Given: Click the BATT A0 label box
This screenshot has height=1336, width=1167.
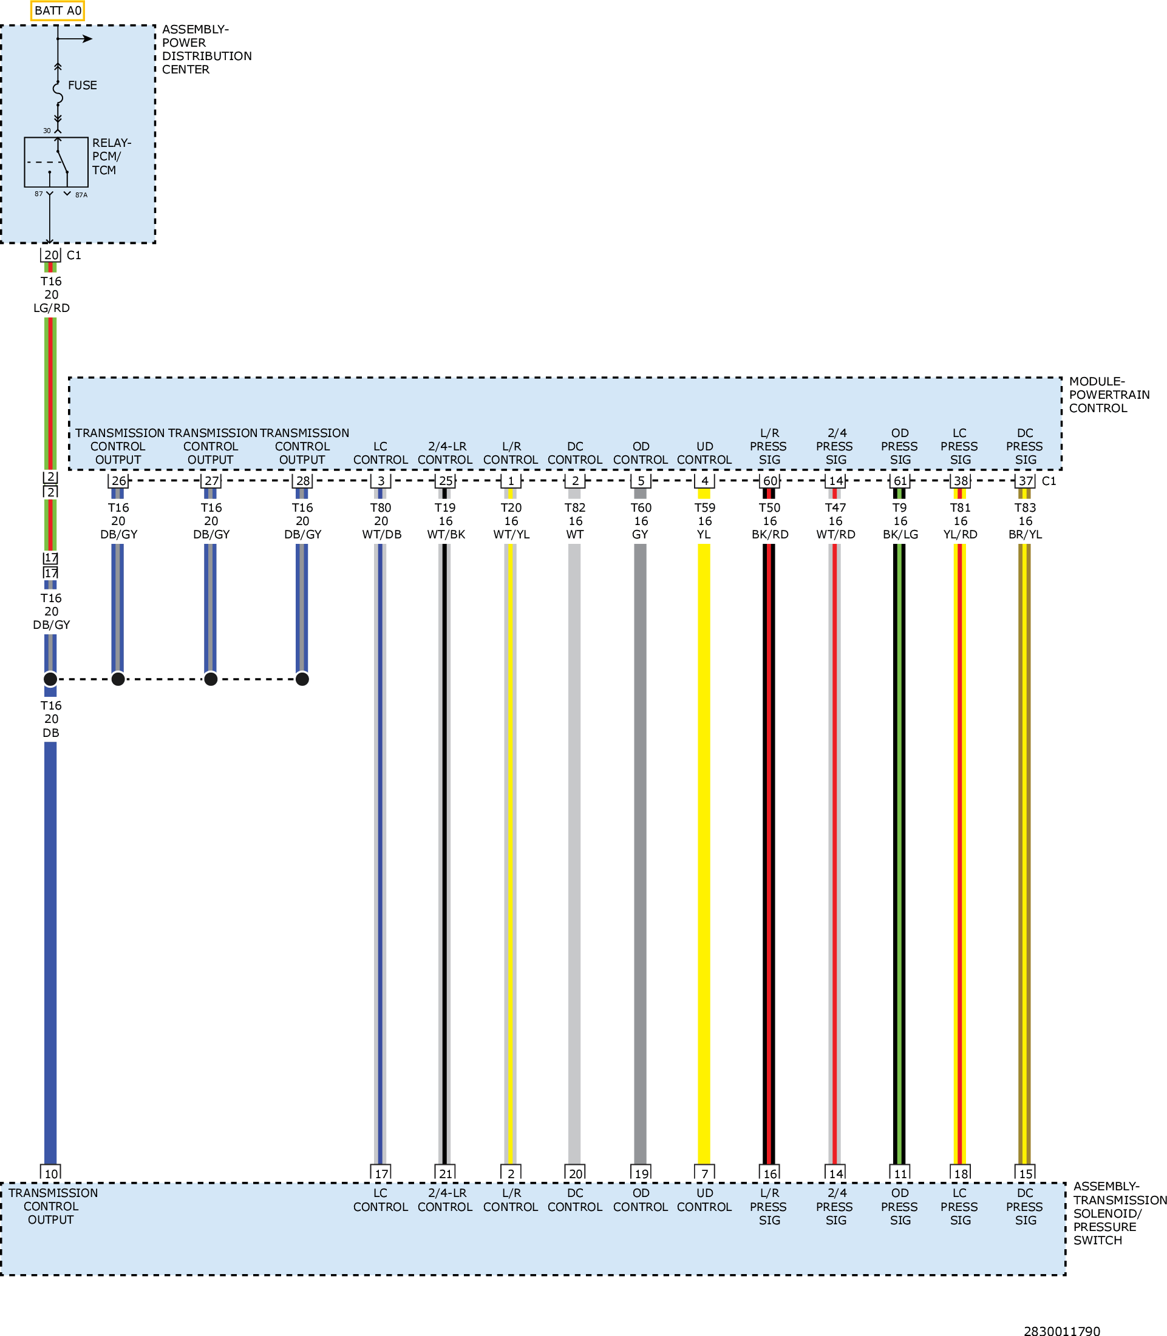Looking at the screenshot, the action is tap(57, 10).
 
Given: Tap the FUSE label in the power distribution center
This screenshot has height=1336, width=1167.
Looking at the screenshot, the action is tap(82, 86).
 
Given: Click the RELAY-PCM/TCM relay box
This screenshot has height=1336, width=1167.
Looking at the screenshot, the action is tap(56, 162).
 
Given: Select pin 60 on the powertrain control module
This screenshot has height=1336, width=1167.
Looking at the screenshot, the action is tap(770, 481).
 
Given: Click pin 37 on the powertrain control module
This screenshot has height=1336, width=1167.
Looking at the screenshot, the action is tap(1026, 481).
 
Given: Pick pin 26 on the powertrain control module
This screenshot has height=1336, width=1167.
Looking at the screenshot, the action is tap(118, 481).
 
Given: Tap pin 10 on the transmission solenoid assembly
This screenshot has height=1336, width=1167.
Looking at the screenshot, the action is tap(51, 1173).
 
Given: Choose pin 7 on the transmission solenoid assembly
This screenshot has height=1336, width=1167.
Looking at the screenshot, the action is tap(704, 1173).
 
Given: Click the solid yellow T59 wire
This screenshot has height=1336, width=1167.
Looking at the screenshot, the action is tap(704, 853).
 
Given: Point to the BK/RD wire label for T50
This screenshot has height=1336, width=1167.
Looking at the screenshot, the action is tap(770, 535).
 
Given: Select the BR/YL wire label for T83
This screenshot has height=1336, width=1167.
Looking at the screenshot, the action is tap(1026, 535).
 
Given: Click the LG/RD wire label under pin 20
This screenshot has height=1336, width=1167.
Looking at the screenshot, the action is tap(52, 308).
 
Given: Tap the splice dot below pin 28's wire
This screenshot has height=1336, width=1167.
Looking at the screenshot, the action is tap(302, 679).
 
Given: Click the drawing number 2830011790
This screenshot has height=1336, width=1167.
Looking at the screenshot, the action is tap(1062, 1326).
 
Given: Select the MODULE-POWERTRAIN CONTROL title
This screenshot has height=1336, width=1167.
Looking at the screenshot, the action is tap(1109, 395).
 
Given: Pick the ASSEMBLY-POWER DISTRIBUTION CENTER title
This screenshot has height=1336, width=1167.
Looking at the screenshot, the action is tap(207, 50).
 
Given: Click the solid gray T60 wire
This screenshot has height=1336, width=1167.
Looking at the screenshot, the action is tap(640, 853).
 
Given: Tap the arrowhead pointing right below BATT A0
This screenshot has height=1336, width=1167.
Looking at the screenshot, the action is tap(88, 39).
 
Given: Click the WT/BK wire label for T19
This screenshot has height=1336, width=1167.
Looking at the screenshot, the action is tap(446, 535).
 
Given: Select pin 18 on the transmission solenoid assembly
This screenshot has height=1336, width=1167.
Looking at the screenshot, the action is tap(961, 1173).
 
